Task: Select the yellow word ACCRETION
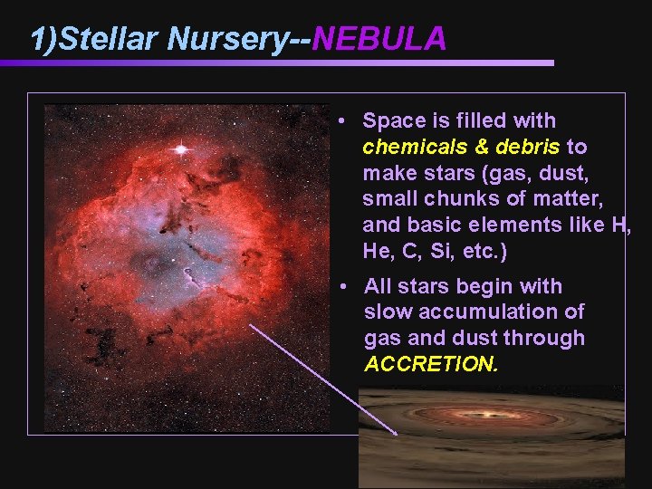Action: tap(431, 364)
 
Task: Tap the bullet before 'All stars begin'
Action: tap(343, 287)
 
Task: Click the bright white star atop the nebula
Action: tap(181, 148)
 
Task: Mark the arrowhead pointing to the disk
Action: tap(395, 433)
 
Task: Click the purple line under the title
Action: tap(272, 62)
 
